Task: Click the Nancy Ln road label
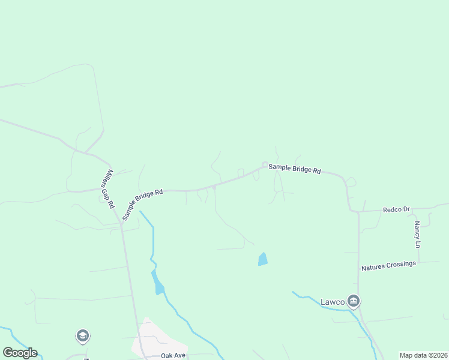coord(417,235)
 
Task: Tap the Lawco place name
coord(332,301)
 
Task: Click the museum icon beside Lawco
coord(354,301)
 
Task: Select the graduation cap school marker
coord(83,336)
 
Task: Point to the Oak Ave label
coord(173,355)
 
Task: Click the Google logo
coord(20,353)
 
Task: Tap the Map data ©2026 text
coord(423,355)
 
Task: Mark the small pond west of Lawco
coord(262,259)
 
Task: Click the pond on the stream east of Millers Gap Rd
coord(158,284)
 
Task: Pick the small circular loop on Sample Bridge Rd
coord(264,164)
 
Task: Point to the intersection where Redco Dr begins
coord(358,211)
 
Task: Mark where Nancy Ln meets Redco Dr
coord(418,209)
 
